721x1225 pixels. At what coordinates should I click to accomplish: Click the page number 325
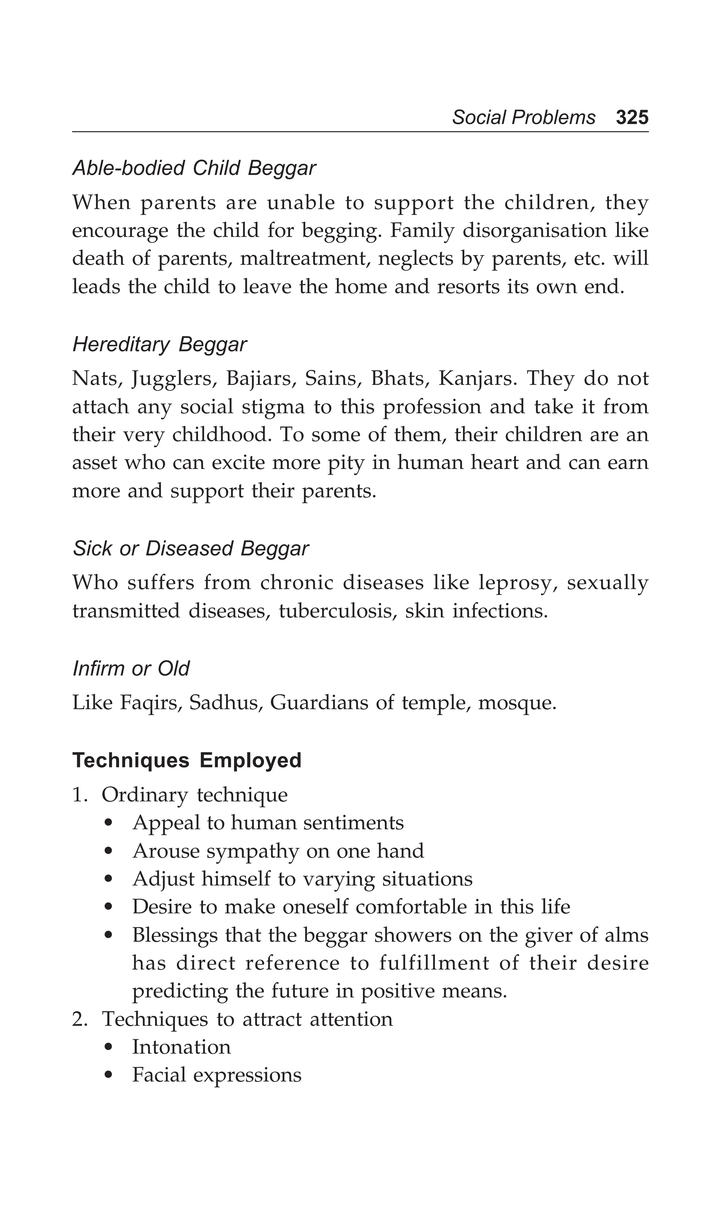[632, 118]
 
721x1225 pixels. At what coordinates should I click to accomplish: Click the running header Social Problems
[523, 118]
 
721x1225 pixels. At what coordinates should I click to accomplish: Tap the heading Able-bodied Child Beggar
[194, 168]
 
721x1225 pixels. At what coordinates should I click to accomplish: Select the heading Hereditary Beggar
[159, 345]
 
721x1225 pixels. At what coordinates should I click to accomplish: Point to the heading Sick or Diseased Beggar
[191, 548]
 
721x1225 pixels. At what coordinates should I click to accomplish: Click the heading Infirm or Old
[131, 668]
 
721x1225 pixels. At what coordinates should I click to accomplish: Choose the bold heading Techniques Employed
[187, 760]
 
